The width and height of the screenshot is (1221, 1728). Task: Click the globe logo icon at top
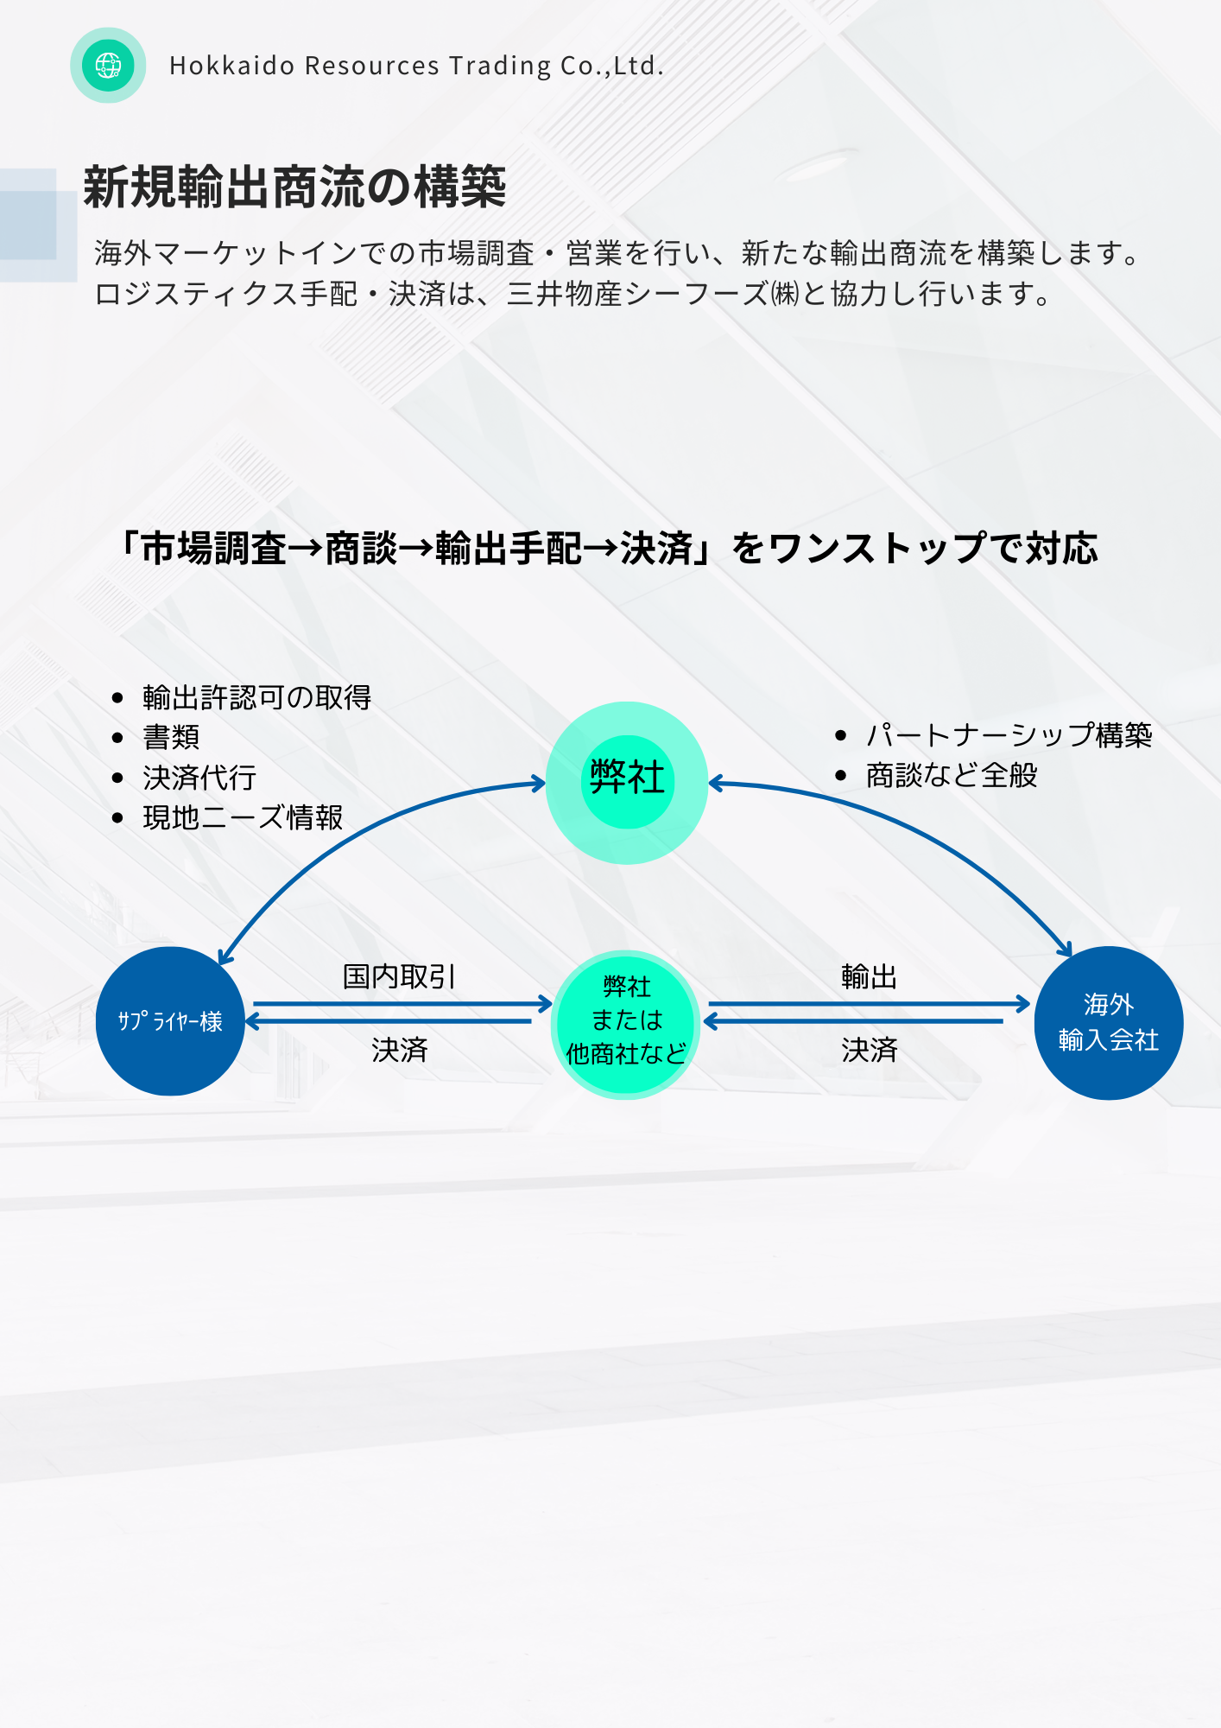tap(108, 66)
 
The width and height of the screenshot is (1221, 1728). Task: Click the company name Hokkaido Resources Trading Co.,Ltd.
tap(416, 66)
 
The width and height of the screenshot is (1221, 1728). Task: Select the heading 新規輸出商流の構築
tap(294, 187)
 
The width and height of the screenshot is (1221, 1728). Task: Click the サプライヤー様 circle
tap(170, 1021)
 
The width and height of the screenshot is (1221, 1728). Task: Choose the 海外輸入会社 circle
tap(1109, 1022)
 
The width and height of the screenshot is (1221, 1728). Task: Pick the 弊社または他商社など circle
tap(626, 1022)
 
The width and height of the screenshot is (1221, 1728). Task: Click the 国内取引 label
tap(399, 977)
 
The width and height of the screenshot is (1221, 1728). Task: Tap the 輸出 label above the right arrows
tap(869, 977)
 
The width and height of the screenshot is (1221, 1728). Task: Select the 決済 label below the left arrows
tap(399, 1050)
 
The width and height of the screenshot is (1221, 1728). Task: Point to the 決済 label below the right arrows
tap(869, 1050)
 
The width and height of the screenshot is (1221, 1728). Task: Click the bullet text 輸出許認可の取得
tap(256, 697)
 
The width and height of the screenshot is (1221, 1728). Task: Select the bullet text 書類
tap(171, 737)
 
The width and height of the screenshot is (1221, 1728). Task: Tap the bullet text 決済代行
tap(199, 778)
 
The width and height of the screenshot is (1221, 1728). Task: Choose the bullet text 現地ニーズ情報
tap(243, 817)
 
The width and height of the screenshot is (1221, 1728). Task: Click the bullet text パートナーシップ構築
tap(1009, 735)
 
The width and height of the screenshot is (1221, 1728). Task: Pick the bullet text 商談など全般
tap(951, 775)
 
